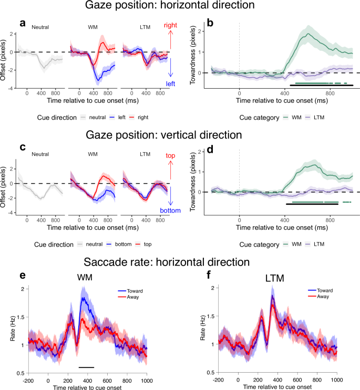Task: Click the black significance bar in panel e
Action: pos(86,367)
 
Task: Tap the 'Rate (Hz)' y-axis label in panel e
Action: pos(12,331)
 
